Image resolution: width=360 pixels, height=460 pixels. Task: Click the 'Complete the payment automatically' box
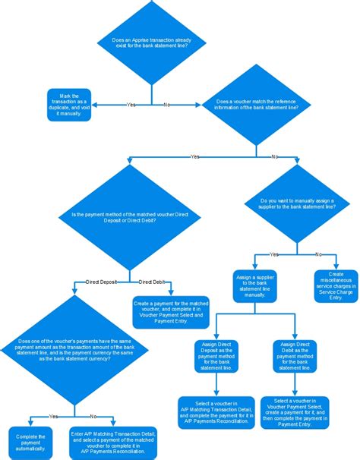(30, 443)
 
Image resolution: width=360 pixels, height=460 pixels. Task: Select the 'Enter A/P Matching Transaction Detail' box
(111, 443)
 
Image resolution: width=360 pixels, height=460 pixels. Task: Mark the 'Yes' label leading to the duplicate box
(131, 104)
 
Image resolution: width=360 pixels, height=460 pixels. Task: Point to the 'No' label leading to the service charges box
(318, 254)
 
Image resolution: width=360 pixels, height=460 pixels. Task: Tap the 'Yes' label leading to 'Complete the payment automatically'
(52, 416)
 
